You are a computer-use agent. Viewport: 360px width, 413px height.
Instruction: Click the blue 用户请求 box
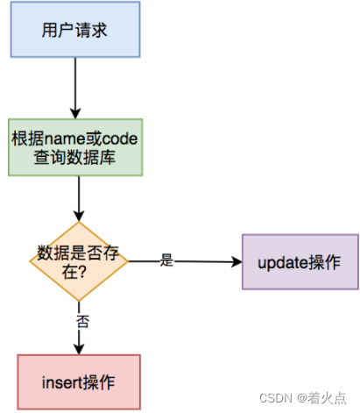[x=75, y=29]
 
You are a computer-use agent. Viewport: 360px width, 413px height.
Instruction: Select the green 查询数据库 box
[x=75, y=147]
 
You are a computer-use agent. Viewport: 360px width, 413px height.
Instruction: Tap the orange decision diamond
[x=79, y=261]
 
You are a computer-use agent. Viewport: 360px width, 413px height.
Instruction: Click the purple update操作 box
[x=300, y=261]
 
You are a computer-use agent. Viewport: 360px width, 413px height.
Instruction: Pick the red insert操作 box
[x=79, y=382]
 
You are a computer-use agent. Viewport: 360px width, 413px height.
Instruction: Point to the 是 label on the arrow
[x=166, y=260]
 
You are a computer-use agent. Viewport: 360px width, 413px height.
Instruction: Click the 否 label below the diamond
[x=82, y=322]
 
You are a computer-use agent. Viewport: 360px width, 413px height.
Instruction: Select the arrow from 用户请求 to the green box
[x=75, y=88]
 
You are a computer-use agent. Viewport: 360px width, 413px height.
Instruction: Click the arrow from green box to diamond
[x=79, y=199]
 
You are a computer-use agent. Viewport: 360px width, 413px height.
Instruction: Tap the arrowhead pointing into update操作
[x=236, y=261]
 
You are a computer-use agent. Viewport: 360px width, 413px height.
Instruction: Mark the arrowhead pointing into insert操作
[x=79, y=349]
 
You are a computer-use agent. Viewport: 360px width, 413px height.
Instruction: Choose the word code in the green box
[x=119, y=139]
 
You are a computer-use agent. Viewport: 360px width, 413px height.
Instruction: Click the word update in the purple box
[x=283, y=263]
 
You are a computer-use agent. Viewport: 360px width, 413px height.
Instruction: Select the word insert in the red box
[x=62, y=382]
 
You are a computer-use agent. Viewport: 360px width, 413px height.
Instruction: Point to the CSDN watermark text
[x=276, y=398]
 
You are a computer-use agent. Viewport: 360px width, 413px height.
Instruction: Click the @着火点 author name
[x=321, y=398]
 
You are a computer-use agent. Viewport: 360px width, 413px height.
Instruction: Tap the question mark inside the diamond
[x=82, y=272]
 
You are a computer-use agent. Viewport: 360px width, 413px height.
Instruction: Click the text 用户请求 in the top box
[x=74, y=30]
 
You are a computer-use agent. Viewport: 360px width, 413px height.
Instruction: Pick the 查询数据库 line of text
[x=74, y=158]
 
